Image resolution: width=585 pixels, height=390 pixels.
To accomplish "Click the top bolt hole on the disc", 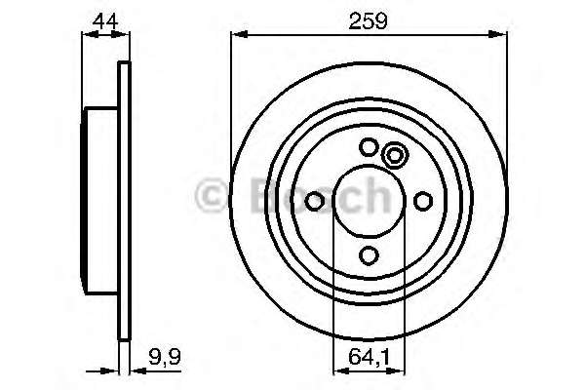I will coord(369,147).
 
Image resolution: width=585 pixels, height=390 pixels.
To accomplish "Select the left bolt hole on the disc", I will coord(315,201).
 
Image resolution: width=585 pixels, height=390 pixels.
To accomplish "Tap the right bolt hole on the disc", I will coord(422,201).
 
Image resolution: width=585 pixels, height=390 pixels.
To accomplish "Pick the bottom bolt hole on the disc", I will coord(369,254).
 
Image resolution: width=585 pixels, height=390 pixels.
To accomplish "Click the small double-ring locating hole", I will coord(395,155).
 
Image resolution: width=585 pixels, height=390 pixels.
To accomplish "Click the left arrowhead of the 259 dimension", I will coord(237,36).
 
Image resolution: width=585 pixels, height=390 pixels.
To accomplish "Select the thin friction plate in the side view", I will coord(123,201).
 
